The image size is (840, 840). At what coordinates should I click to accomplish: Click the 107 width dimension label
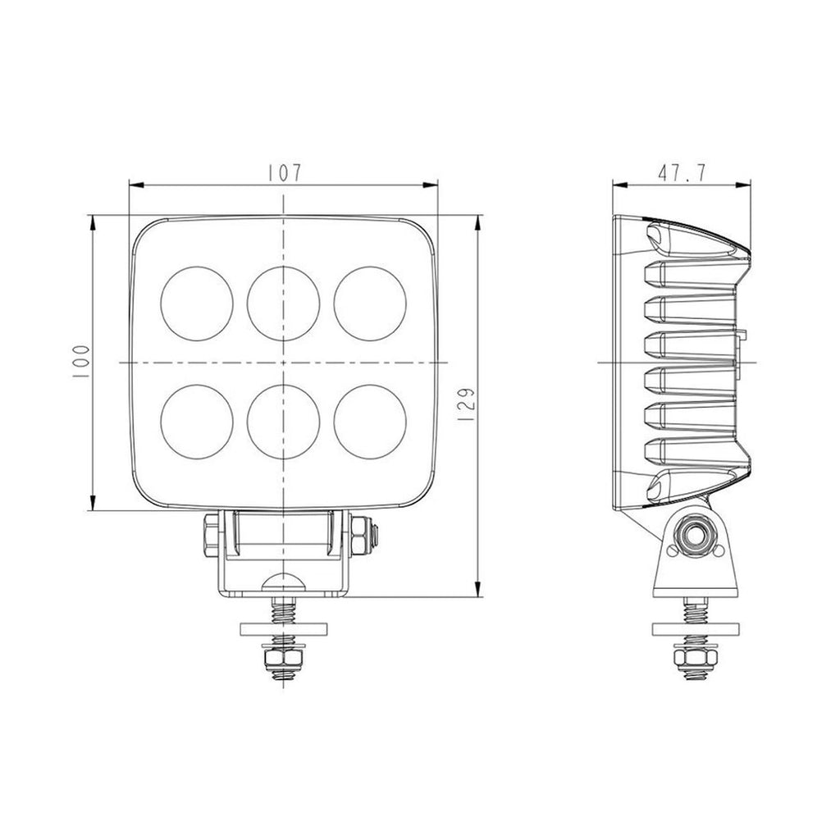283,173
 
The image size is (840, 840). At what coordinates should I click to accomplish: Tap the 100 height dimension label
80,361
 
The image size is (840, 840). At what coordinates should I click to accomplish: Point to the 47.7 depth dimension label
682,173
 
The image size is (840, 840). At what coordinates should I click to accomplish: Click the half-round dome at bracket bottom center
283,582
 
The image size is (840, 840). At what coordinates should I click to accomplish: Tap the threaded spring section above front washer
283,610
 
